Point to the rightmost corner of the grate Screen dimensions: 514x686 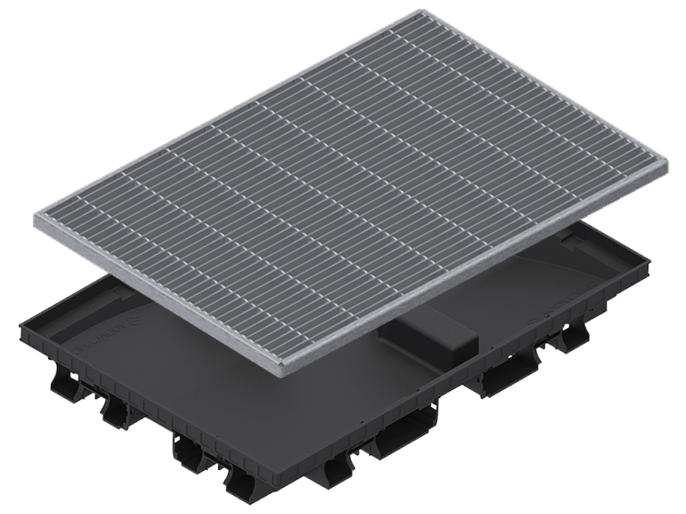pyautogui.click(x=670, y=165)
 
